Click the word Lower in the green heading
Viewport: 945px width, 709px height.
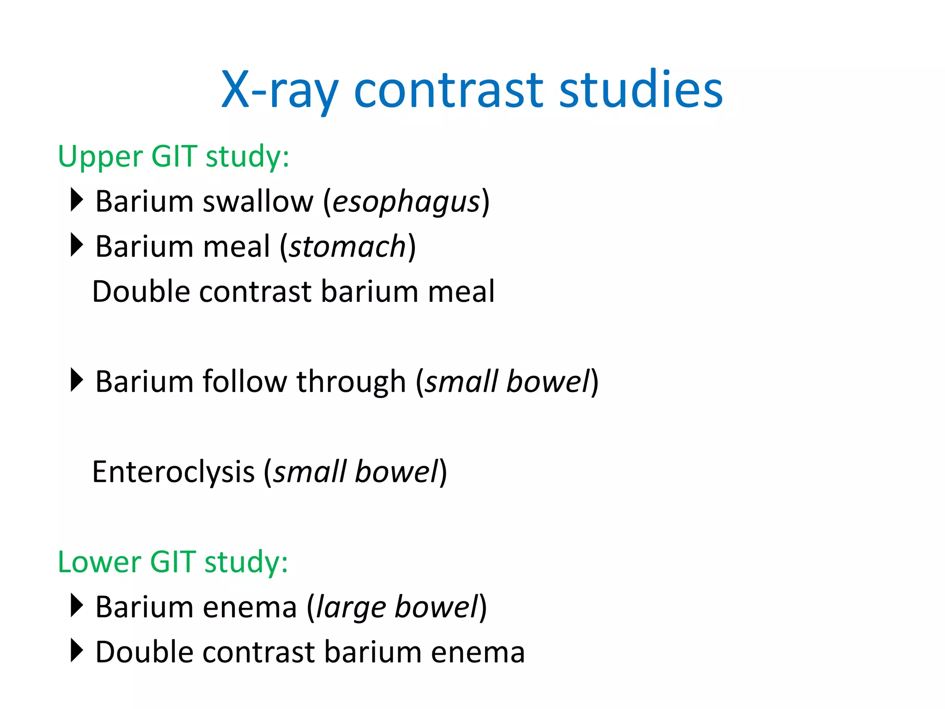click(x=100, y=562)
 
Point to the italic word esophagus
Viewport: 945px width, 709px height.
click(x=406, y=202)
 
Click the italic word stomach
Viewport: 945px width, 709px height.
click(x=347, y=247)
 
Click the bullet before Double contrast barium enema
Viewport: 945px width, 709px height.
click(x=77, y=650)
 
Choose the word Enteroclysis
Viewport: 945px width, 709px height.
click(x=173, y=472)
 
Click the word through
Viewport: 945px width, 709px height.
click(x=351, y=382)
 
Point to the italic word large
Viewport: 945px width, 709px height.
click(x=350, y=607)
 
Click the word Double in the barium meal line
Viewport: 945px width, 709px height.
click(x=140, y=292)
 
